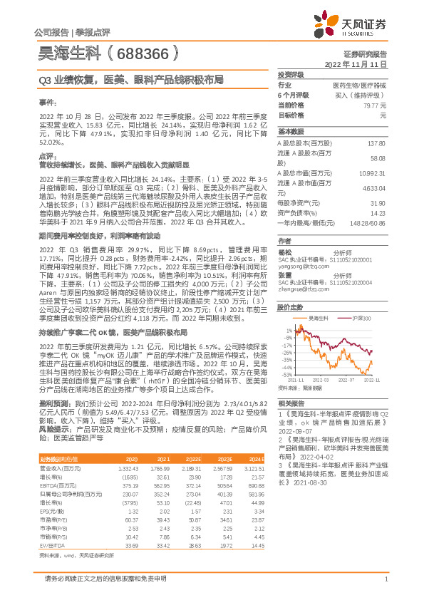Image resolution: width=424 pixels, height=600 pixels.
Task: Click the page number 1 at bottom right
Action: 385,588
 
